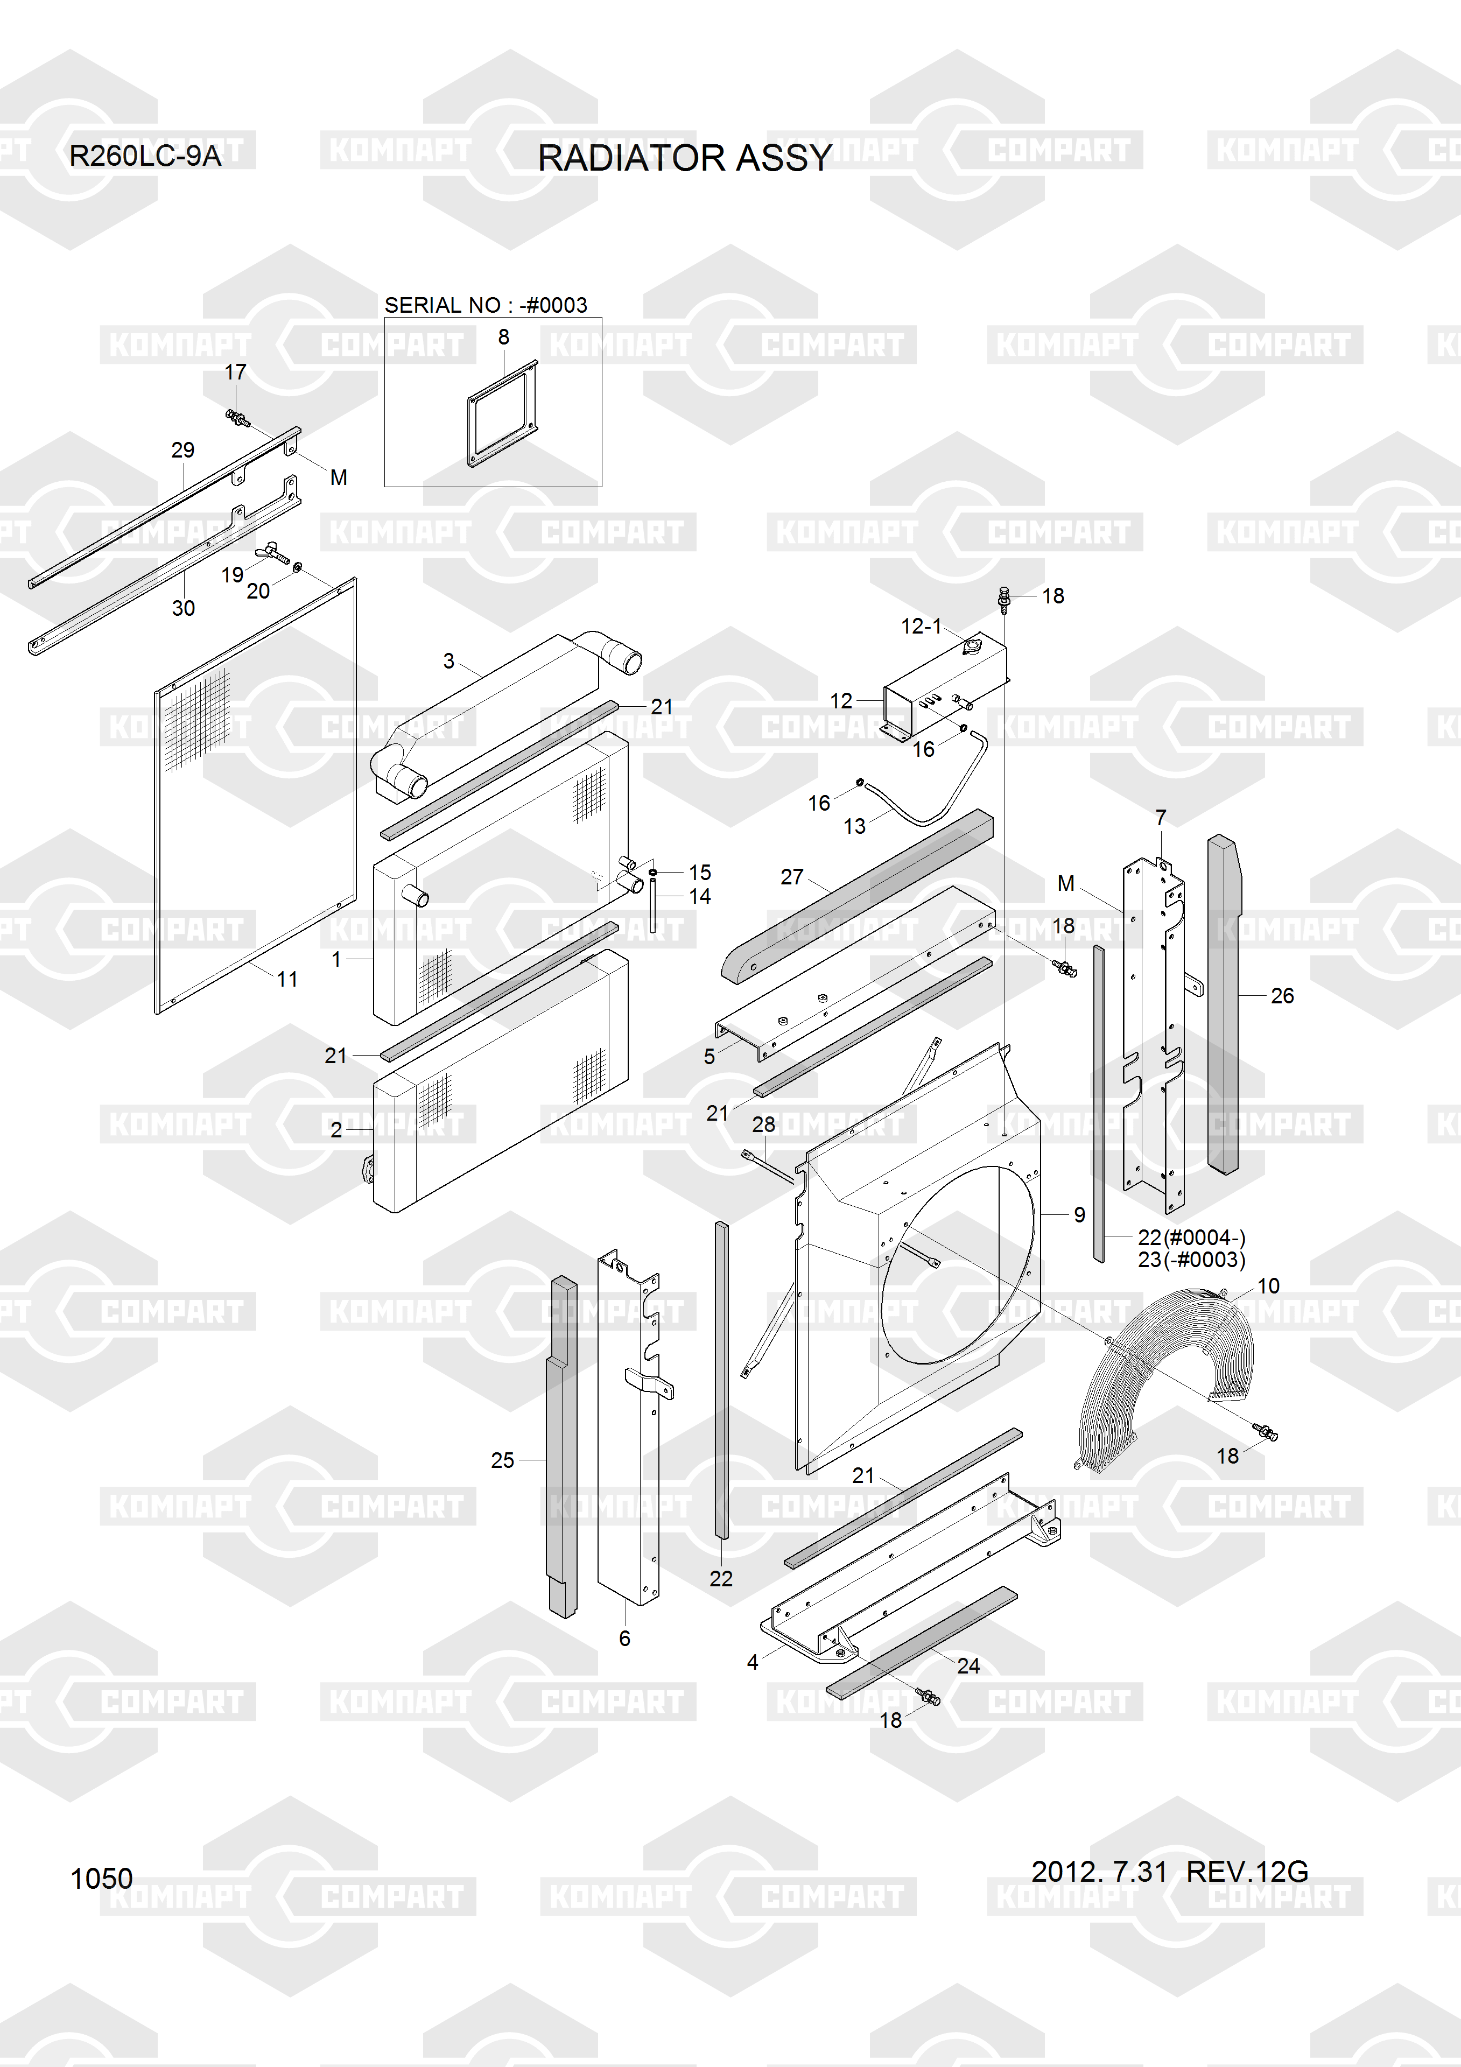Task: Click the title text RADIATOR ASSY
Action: pos(684,158)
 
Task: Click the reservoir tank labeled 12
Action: pos(945,691)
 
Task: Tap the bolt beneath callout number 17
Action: pos(237,418)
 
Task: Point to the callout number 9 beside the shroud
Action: pos(1079,1215)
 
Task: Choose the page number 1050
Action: pos(102,1879)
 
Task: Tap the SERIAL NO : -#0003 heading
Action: pos(486,305)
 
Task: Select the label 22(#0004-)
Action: pos(1191,1238)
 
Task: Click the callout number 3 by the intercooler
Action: pos(448,661)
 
